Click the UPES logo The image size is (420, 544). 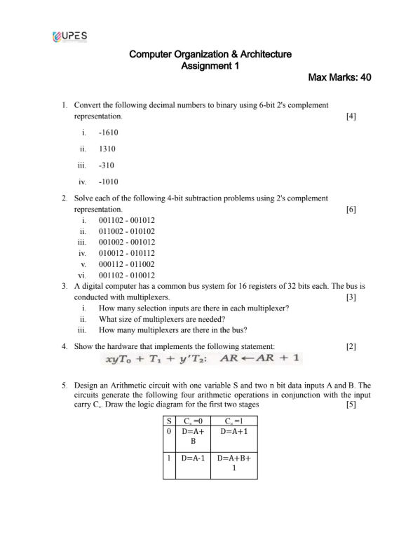[x=70, y=36]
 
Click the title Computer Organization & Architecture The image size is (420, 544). [x=210, y=54]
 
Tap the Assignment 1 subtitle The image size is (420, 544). [x=210, y=66]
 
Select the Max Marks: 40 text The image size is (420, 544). [x=339, y=78]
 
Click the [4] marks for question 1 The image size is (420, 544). [x=351, y=116]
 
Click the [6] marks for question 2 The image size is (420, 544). [x=351, y=210]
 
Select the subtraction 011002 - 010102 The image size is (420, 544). [x=127, y=231]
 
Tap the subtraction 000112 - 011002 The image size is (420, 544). [x=127, y=264]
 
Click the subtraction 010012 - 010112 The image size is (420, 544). [x=127, y=253]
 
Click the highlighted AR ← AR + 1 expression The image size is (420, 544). [x=259, y=358]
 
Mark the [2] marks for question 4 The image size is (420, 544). [x=351, y=346]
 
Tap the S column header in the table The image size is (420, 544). [x=168, y=421]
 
